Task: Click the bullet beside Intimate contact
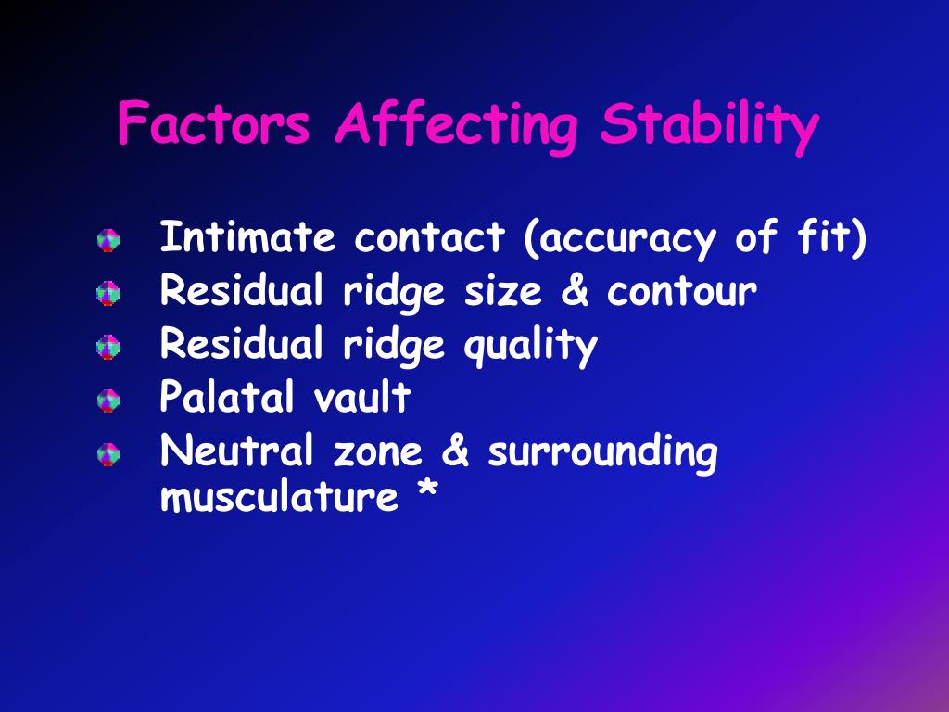coord(108,241)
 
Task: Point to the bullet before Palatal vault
coord(108,400)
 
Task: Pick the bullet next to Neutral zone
coord(108,454)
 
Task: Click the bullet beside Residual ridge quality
coord(108,347)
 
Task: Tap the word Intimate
coord(247,238)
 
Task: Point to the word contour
coord(682,292)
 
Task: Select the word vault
coord(361,399)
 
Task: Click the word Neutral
coord(235,452)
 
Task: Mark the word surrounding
coord(602,454)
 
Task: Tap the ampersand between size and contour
coord(576,292)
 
